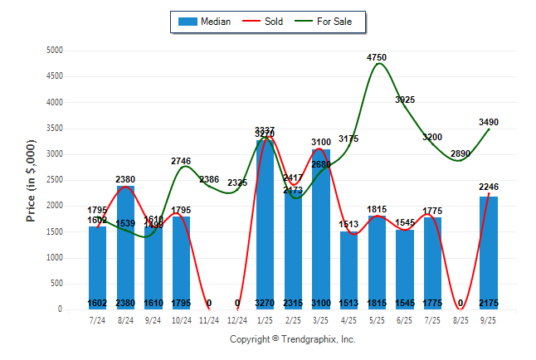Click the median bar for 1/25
(x=266, y=224)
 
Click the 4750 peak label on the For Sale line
(x=377, y=57)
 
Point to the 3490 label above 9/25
(x=489, y=122)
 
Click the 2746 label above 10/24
(x=182, y=160)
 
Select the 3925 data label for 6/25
(x=405, y=100)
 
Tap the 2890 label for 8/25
(x=460, y=153)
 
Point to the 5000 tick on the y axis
(x=55, y=51)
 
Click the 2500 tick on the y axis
(x=55, y=180)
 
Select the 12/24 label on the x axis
(x=237, y=319)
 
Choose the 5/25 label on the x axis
(x=377, y=319)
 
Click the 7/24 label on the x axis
(x=98, y=319)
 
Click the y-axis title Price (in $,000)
(x=31, y=179)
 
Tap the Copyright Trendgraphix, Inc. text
(x=292, y=339)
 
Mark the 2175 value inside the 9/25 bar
(x=489, y=303)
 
